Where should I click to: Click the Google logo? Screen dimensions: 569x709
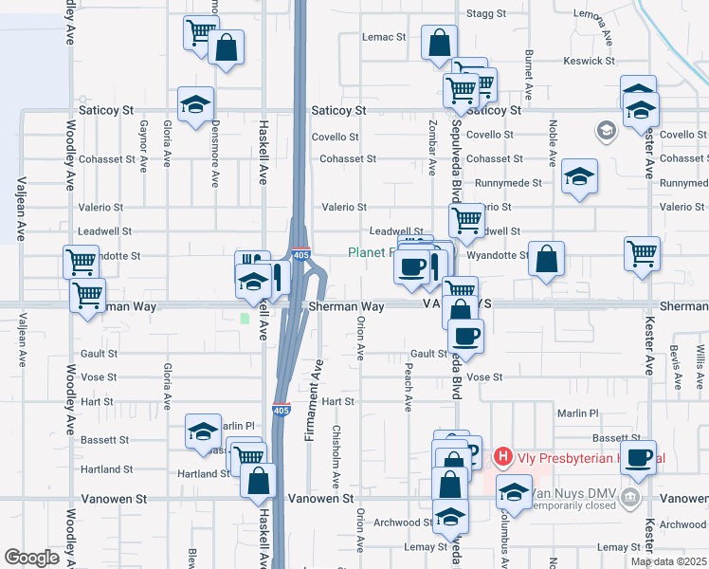click(31, 558)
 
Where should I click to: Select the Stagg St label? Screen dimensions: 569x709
click(487, 13)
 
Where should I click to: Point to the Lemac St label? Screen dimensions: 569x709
click(384, 37)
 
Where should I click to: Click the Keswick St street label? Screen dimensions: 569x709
click(589, 61)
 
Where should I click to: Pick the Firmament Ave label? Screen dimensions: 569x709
click(318, 395)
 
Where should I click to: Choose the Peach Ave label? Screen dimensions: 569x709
click(409, 387)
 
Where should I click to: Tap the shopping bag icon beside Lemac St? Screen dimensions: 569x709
click(439, 43)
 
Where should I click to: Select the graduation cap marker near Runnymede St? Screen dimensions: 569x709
click(579, 176)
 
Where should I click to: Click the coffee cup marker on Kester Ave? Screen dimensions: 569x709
click(640, 457)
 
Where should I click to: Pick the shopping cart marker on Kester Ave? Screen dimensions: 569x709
click(642, 253)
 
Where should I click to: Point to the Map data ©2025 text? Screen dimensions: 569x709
click(668, 561)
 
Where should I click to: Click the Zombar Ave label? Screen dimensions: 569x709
click(432, 153)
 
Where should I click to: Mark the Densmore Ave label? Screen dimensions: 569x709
click(215, 152)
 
